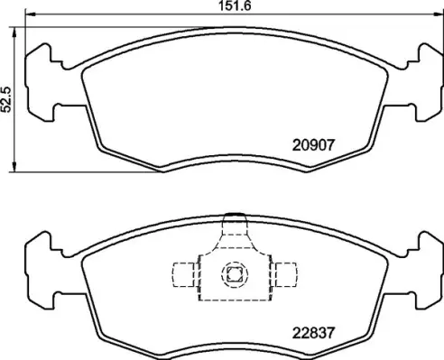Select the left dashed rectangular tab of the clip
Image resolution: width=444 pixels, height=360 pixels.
tap(184, 275)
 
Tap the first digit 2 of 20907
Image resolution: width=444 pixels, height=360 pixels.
tap(296, 143)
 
